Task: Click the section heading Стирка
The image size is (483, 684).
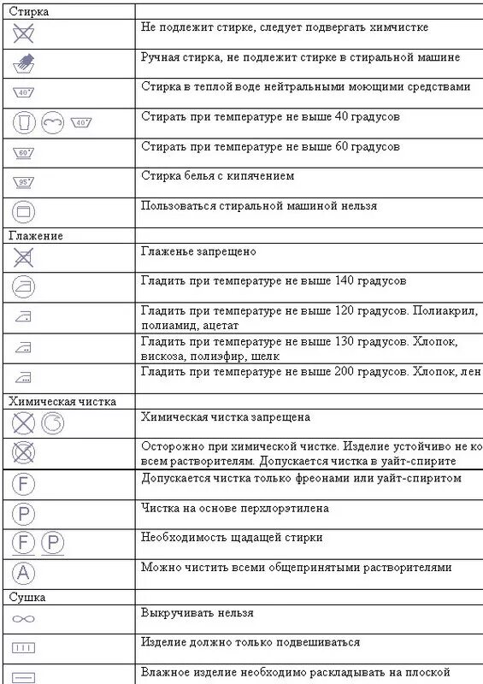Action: (29, 12)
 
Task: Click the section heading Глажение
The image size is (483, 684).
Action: (36, 235)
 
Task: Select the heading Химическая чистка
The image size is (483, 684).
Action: (62, 400)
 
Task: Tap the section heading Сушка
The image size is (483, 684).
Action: (27, 597)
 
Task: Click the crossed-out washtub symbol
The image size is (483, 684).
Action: (24, 34)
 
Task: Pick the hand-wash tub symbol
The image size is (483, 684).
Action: (24, 62)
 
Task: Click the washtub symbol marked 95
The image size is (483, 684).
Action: (24, 182)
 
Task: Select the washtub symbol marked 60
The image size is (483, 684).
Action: (24, 153)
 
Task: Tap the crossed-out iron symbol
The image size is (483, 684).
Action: (24, 257)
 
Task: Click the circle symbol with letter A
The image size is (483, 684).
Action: (24, 572)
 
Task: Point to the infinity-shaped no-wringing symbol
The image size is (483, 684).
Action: (24, 618)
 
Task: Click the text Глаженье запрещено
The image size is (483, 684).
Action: (198, 252)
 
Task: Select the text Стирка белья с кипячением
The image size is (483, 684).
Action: (218, 175)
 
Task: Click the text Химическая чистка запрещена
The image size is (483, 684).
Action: (225, 417)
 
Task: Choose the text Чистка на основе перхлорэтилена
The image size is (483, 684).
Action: (235, 509)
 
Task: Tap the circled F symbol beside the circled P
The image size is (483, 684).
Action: (24, 542)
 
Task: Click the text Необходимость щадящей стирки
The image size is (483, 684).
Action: (232, 538)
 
